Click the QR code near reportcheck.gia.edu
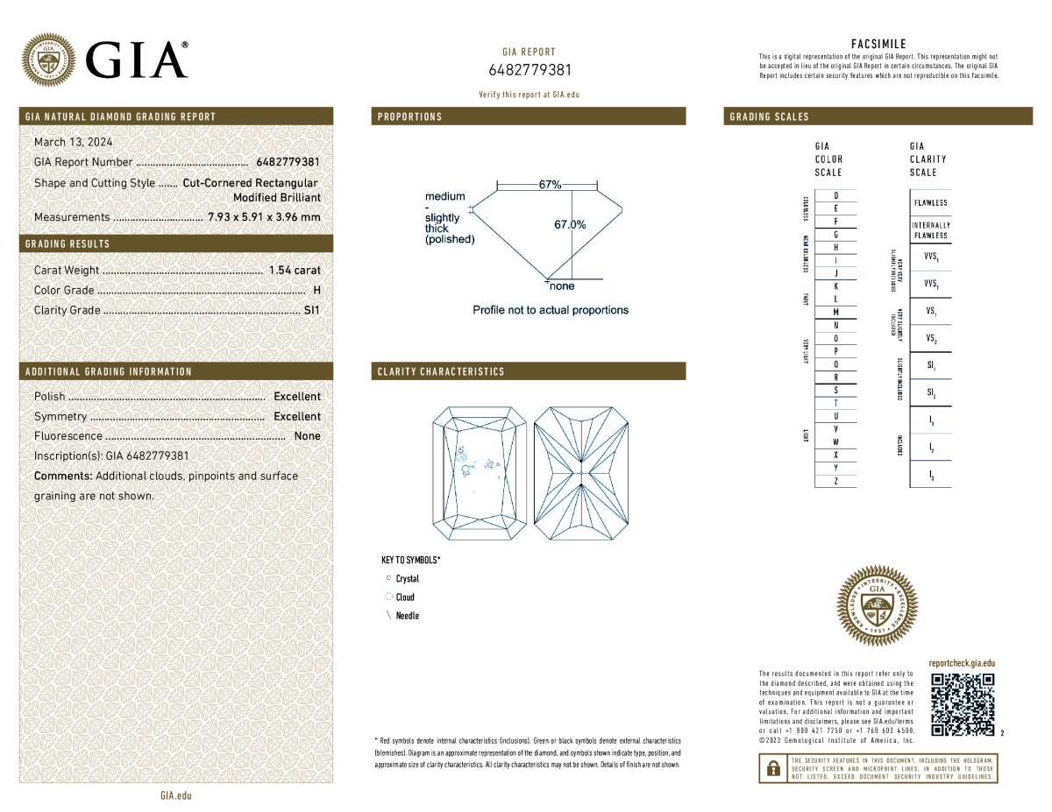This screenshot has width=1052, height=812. tap(963, 704)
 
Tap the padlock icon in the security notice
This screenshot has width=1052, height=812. tap(773, 768)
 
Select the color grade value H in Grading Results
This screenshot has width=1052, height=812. tap(316, 290)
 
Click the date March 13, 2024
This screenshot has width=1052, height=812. tap(73, 142)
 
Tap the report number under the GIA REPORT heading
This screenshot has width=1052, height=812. tap(530, 70)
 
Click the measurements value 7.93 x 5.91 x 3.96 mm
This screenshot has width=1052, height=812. tap(264, 217)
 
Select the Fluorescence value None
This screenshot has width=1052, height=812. tap(307, 436)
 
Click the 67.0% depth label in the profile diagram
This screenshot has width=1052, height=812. tap(570, 225)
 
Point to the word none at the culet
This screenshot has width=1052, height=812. tap(562, 286)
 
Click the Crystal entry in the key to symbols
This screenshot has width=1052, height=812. tap(407, 579)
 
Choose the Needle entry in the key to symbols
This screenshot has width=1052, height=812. tap(407, 616)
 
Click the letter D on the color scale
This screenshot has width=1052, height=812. tap(836, 195)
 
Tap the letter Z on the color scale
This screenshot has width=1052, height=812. tap(836, 482)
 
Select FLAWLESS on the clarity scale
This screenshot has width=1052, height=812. tap(930, 203)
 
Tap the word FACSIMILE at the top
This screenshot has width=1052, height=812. tap(878, 44)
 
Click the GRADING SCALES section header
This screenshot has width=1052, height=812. tap(770, 117)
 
